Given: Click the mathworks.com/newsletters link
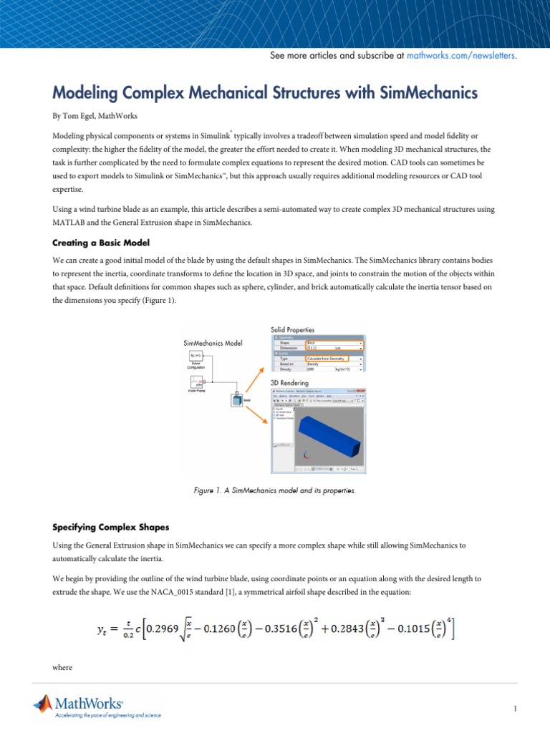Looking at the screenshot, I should point(460,55).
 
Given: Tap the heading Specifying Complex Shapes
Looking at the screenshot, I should point(110,527).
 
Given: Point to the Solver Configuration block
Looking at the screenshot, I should point(196,358).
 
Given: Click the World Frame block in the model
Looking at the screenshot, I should point(196,382).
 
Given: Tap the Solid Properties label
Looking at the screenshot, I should point(292,330).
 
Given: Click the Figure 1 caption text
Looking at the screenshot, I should point(274,490).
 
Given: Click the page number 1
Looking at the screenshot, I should point(515,709).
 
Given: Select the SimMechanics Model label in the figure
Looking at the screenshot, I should point(213,343).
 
